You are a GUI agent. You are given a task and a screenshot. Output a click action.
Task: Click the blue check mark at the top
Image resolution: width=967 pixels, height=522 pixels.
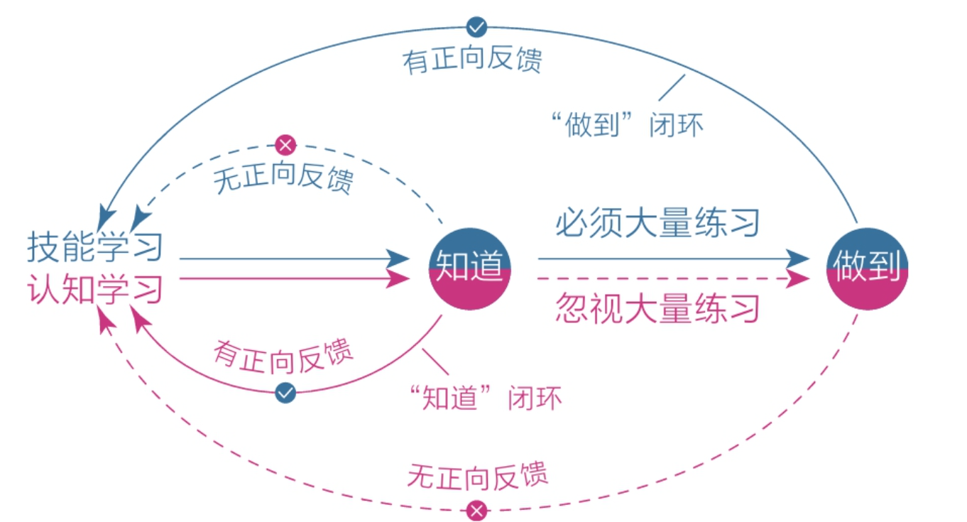pos(476,28)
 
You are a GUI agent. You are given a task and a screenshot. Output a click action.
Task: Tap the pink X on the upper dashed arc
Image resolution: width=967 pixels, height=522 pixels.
pos(285,145)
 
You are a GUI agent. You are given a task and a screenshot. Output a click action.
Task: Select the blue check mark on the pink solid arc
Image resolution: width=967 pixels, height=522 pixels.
pos(285,393)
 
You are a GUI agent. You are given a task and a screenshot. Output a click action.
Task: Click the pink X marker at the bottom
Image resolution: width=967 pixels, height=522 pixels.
pos(476,511)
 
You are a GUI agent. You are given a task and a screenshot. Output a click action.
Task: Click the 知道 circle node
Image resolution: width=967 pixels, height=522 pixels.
pos(470,268)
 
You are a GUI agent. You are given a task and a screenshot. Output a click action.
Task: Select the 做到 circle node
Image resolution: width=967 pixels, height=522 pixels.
pos(868,268)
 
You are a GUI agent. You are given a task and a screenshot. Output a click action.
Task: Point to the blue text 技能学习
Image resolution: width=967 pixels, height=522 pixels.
pos(95,246)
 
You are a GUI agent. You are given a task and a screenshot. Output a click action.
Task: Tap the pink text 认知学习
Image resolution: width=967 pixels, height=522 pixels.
pos(95,289)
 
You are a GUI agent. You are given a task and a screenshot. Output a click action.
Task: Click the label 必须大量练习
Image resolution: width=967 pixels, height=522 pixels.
pos(657,222)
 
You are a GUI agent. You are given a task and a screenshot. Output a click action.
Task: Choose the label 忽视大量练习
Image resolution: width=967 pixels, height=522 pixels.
pos(657,308)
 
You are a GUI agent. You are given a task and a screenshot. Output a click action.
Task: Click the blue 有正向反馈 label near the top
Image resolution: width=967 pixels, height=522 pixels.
pos(472,60)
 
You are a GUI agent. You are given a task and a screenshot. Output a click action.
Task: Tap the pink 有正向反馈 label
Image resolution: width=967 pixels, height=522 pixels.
pos(283,357)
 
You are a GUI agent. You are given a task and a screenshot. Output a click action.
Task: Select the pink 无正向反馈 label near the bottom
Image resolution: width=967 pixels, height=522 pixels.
pos(477,476)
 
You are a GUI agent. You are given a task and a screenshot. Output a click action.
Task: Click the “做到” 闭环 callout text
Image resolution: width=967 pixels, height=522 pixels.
pos(627,125)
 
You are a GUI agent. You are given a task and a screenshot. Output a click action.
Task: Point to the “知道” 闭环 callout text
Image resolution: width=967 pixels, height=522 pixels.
pos(485,397)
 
